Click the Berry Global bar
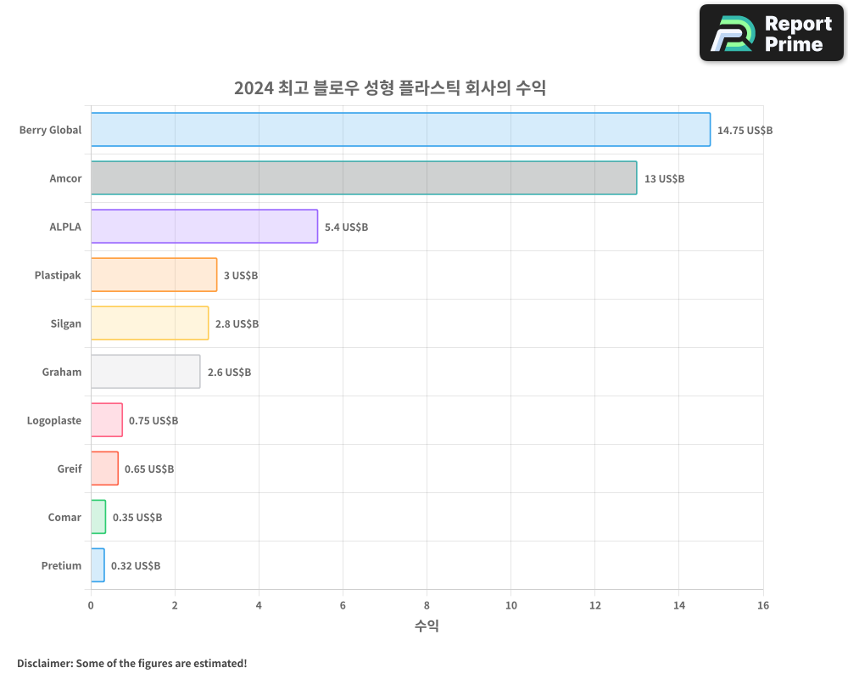click(x=400, y=130)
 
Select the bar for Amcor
click(x=364, y=178)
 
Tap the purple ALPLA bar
click(x=204, y=227)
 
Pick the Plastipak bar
click(x=153, y=275)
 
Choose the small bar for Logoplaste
click(x=107, y=420)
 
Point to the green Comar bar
click(x=98, y=517)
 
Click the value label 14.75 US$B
click(x=745, y=131)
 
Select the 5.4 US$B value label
click(x=346, y=227)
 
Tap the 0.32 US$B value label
click(x=136, y=566)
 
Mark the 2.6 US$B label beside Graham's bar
click(x=229, y=373)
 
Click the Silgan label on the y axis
click(x=66, y=323)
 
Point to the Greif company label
click(x=70, y=469)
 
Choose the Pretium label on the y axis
click(x=61, y=565)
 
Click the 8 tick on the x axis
click(x=427, y=605)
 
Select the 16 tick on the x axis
click(x=763, y=605)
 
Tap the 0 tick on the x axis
click(x=91, y=605)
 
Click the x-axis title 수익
click(x=427, y=626)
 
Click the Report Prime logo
click(x=772, y=33)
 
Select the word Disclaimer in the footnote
click(x=44, y=663)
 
